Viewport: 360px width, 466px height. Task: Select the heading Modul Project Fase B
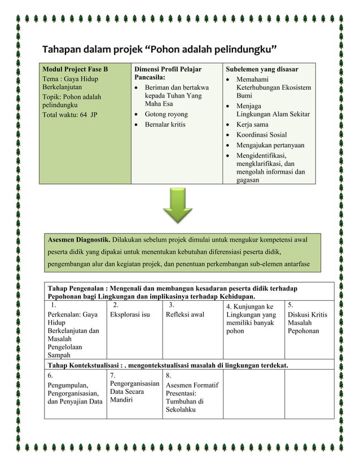[x=75, y=69]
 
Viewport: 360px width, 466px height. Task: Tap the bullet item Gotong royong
[x=166, y=115]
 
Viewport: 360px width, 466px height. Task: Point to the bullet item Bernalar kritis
[x=165, y=124]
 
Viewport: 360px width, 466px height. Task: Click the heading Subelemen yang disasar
[x=262, y=69]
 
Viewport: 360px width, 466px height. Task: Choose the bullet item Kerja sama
[x=252, y=124]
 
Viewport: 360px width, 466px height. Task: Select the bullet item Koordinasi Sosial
[x=262, y=135]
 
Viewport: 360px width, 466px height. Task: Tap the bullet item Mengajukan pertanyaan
[x=270, y=145]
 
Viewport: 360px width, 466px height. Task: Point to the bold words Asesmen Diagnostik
[x=78, y=240]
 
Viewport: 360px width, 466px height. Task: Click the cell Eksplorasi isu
[x=130, y=315]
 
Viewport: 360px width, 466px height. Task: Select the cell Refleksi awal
[x=185, y=315]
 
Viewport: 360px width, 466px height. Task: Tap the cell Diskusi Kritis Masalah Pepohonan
[x=307, y=322]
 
